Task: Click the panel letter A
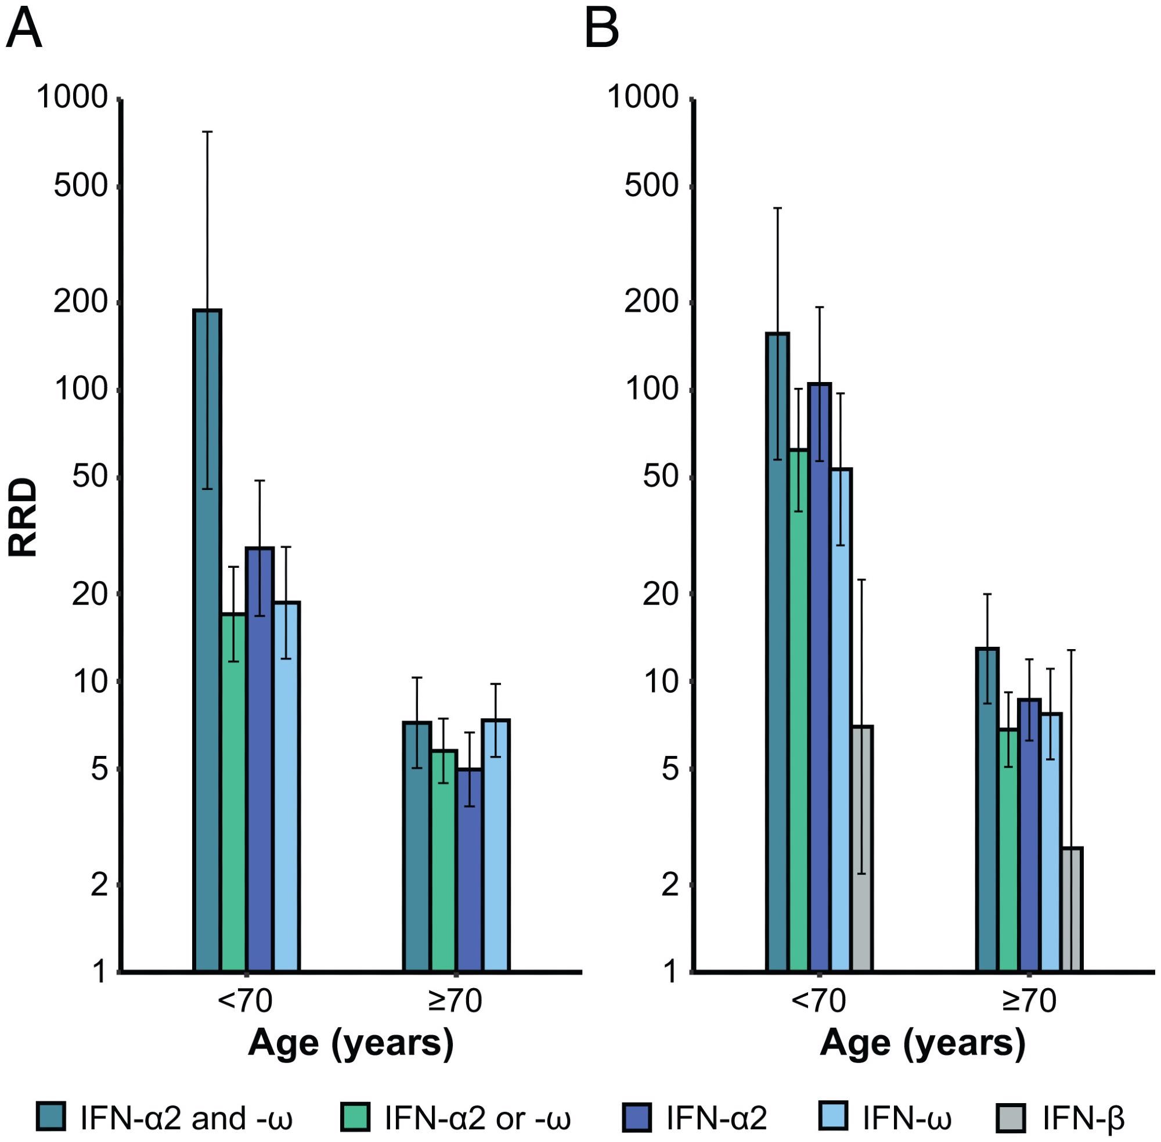(24, 30)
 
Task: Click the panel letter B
(601, 30)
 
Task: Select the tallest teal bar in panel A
(207, 660)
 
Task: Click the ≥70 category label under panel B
(1029, 1001)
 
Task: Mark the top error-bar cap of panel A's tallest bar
(207, 131)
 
